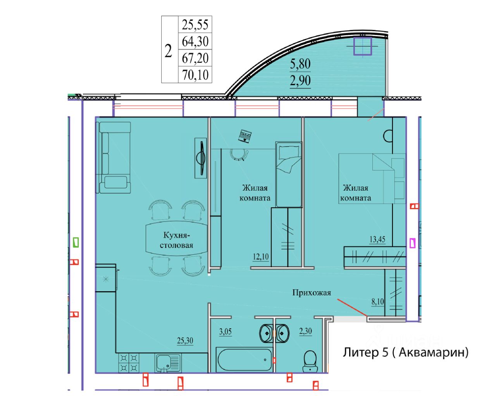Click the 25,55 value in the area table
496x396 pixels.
point(195,25)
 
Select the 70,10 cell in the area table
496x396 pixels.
point(195,75)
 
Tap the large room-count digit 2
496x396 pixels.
point(168,51)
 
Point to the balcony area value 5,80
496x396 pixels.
point(300,64)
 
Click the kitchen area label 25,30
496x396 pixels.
point(185,341)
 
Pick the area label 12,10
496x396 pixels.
point(261,256)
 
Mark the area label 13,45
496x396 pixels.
point(377,239)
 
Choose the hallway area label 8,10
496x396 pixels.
point(378,301)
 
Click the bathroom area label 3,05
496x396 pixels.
point(225,331)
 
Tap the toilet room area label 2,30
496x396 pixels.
point(305,331)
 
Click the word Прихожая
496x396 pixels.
point(312,293)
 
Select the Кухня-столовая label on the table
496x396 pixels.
point(176,240)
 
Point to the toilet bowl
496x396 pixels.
point(310,361)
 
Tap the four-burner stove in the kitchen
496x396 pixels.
point(129,363)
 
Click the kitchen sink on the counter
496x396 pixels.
point(168,363)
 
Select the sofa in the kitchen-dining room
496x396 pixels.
point(114,157)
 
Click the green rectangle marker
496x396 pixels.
point(76,242)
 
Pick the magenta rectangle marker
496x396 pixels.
point(412,243)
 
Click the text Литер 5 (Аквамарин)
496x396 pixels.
point(406,352)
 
